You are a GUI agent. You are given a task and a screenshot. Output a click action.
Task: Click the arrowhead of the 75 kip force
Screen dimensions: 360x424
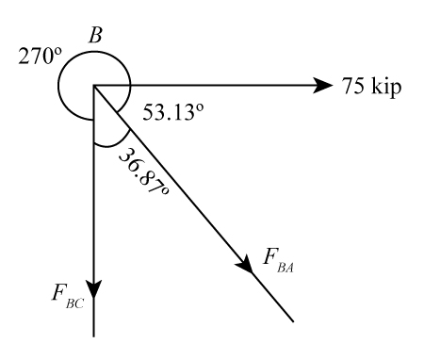tap(323, 87)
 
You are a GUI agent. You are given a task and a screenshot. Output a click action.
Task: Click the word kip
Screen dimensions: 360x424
tap(388, 89)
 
